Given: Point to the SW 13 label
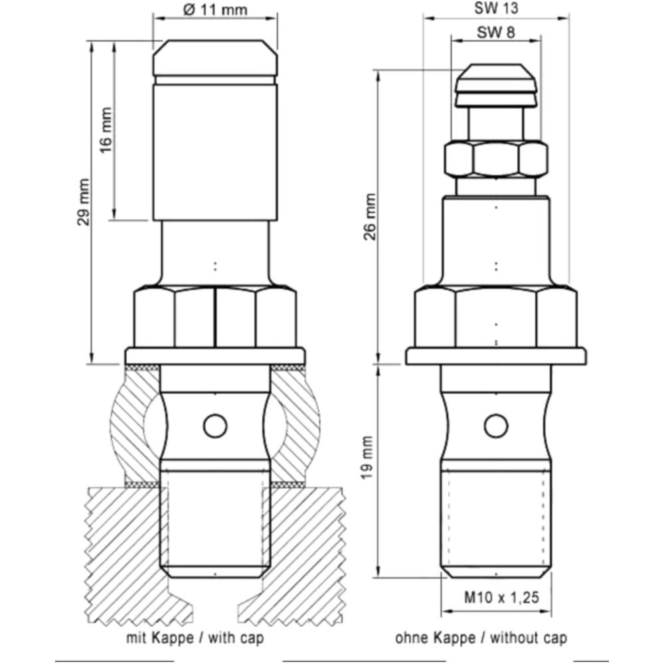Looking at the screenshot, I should point(496,9).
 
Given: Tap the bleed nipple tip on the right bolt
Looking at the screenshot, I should point(496,83).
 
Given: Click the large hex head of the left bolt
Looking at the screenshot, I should point(215,317).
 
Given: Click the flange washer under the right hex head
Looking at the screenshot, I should point(496,355).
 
